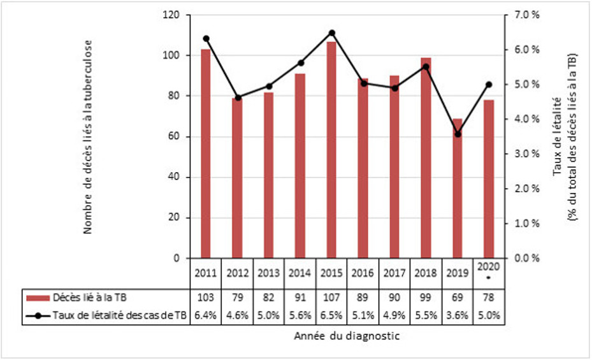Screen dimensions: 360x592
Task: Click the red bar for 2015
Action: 331,150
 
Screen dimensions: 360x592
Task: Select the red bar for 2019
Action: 457,188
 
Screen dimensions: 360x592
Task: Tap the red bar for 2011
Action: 206,154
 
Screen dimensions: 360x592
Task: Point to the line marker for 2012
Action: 238,97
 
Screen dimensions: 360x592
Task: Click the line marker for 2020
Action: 489,84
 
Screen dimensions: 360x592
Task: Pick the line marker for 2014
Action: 300,63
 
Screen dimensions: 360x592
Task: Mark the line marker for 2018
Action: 426,66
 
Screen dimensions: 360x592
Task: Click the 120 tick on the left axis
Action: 172,15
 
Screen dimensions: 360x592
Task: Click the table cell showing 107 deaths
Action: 331,297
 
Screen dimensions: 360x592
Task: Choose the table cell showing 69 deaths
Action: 457,297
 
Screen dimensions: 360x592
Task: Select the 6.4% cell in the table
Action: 206,314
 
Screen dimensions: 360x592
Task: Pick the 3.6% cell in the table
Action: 457,314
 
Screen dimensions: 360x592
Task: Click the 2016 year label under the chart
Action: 363,273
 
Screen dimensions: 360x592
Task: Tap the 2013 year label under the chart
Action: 269,273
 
